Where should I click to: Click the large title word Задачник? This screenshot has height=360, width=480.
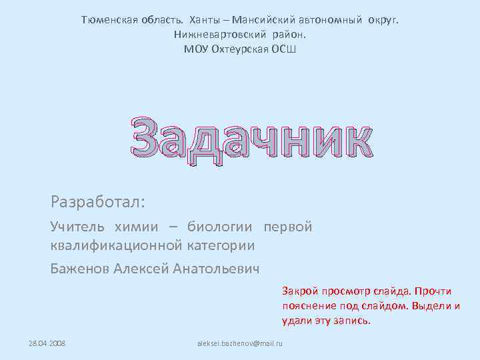click(x=251, y=139)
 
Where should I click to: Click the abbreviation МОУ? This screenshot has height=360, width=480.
click(x=196, y=49)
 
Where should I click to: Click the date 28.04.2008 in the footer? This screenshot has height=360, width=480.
click(x=47, y=343)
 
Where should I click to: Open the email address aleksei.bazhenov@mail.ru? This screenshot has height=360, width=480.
click(x=240, y=343)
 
